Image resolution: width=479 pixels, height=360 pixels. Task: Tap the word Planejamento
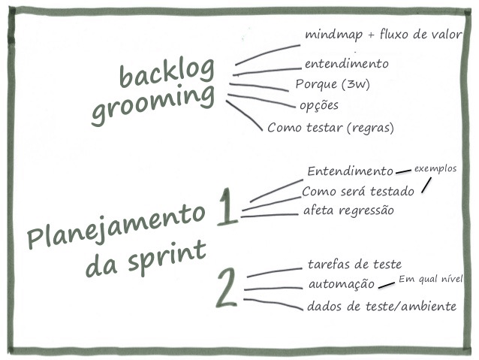(116, 224)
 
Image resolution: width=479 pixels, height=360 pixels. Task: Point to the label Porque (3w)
(332, 84)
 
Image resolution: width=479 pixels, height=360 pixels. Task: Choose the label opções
(318, 104)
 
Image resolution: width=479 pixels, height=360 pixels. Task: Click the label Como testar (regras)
(330, 128)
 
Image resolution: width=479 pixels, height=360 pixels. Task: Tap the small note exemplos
(435, 168)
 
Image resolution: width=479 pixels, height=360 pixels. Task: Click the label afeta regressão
(348, 210)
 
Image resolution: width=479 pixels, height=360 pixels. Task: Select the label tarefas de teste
(354, 265)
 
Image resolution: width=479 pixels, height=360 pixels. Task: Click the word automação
(341, 284)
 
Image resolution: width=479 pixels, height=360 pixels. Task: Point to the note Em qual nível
(429, 280)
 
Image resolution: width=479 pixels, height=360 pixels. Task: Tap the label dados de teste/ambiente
(381, 307)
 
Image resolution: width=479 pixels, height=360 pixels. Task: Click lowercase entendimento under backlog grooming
(346, 64)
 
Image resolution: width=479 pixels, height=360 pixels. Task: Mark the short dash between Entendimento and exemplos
(403, 172)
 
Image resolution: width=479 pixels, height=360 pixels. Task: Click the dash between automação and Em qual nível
(386, 285)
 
